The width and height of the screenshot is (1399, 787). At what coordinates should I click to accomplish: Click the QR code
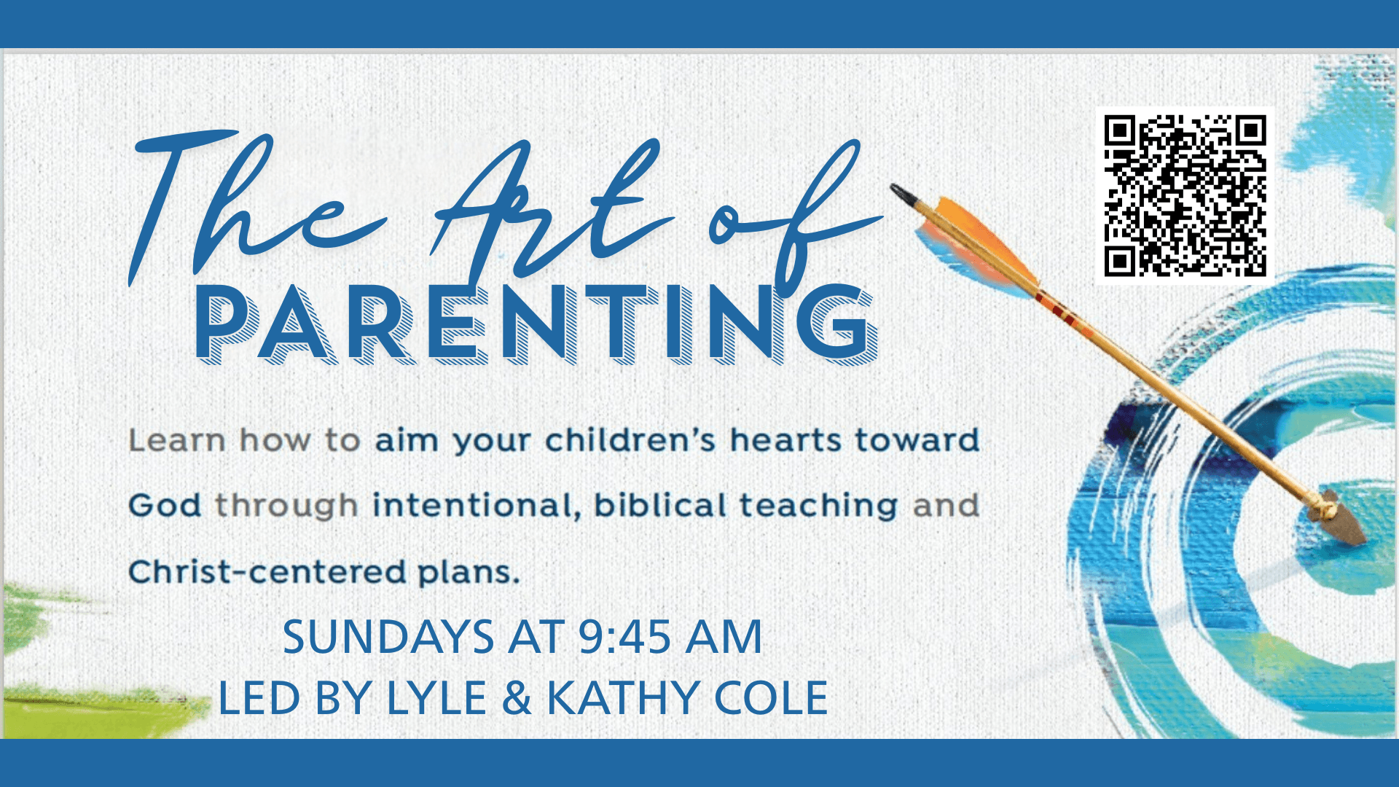pos(1186,195)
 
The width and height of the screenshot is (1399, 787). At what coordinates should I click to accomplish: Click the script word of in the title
pos(794,219)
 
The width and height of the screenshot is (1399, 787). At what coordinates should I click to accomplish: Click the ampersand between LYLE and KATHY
pos(517,698)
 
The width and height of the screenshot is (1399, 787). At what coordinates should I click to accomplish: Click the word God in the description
pos(165,505)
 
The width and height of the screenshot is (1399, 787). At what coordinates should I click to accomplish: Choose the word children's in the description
pos(630,440)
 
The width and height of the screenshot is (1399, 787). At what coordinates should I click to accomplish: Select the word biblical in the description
pos(659,505)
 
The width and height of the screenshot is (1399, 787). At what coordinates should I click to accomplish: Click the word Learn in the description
pos(177,440)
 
